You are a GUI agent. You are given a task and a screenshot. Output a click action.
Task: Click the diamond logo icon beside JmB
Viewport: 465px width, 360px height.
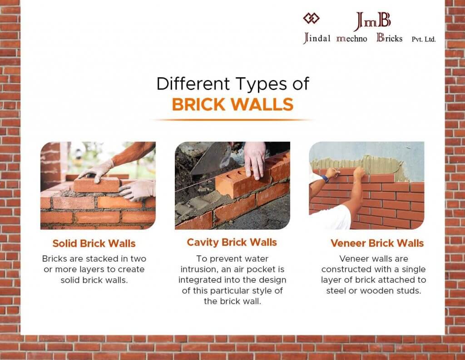311,18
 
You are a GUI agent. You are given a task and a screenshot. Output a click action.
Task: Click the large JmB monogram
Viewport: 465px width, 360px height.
372,21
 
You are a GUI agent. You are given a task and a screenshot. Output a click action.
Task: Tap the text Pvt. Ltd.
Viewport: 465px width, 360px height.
424,39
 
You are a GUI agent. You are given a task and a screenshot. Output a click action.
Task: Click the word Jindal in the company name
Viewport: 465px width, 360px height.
317,38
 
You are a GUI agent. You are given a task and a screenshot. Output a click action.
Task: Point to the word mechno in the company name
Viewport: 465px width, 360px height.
352,39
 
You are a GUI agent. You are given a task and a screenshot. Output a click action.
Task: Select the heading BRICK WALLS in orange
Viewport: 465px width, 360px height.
232,105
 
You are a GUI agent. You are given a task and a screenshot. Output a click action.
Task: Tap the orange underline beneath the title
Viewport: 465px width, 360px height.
232,120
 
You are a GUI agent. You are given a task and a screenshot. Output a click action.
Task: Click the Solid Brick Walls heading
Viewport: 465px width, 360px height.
94,243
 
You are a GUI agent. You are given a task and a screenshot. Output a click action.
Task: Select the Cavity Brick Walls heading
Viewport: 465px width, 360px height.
232,242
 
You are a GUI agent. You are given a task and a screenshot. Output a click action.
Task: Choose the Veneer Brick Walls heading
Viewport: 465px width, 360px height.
377,243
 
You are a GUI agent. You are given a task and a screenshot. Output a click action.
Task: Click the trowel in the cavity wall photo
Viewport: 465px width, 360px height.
211,159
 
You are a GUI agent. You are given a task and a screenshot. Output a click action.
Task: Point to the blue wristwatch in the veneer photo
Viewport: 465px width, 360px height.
325,178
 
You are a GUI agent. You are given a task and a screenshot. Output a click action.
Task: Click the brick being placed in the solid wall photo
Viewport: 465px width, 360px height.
97,185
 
